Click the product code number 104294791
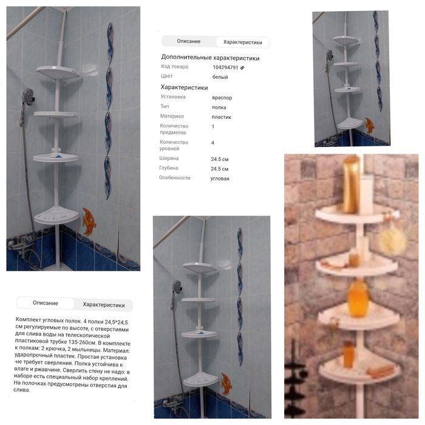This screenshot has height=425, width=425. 225,67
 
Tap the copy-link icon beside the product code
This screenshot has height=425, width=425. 242,68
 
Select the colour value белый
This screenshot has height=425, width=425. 220,77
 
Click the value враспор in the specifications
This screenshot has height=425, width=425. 222,98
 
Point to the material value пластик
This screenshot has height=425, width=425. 222,117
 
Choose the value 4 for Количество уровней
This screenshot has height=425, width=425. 212,143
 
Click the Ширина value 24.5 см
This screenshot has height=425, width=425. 220,159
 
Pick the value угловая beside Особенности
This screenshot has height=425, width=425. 220,178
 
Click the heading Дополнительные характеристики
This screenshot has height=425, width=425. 210,58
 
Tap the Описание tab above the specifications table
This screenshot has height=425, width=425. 189,41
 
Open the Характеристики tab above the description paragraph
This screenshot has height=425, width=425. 104,305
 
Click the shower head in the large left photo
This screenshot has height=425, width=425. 28,96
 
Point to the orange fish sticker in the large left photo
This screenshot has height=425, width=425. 89,221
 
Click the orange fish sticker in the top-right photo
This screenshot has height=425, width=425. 369,125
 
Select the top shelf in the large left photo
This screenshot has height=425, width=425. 59,73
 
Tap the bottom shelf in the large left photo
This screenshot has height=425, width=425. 56,215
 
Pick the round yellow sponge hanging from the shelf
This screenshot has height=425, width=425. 392,241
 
